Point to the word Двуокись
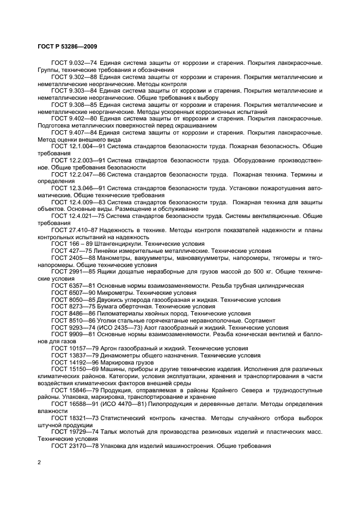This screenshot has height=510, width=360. tap(111, 300)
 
